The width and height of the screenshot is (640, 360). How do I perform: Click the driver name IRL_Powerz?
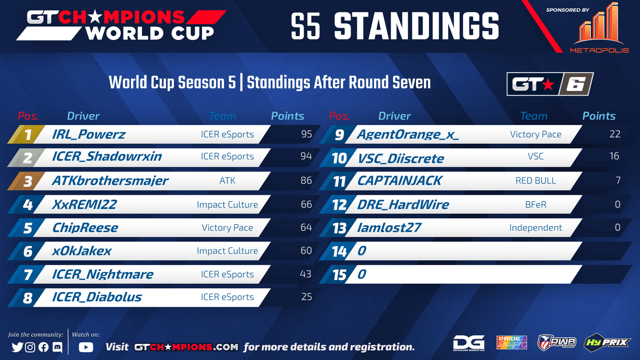tap(88, 134)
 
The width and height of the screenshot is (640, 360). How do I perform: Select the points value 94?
tap(306, 156)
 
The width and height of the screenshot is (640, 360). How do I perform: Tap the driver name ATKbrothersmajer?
tap(110, 181)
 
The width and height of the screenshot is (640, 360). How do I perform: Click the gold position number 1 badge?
tap(26, 134)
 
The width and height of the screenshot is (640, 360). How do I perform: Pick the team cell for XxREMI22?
tap(228, 204)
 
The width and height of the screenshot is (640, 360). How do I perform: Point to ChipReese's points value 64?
tap(306, 228)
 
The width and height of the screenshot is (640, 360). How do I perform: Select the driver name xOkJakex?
tap(82, 251)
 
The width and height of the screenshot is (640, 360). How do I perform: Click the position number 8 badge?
tap(26, 298)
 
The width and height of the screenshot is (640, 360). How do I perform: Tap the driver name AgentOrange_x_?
tap(408, 134)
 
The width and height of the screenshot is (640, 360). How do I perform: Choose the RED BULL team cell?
tap(536, 180)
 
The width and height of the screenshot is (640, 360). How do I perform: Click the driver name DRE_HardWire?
tap(403, 204)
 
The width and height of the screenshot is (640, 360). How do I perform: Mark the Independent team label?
tap(536, 228)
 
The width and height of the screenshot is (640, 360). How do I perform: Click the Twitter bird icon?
tap(17, 347)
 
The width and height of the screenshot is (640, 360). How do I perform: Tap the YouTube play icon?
tap(86, 347)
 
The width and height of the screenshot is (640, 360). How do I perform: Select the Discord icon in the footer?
tap(58, 347)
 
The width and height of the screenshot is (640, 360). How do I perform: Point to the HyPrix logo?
tap(607, 342)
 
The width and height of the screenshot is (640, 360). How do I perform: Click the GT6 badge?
tap(550, 84)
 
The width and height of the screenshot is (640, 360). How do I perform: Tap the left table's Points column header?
tap(288, 116)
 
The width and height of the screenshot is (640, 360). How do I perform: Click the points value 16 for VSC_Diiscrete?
tap(614, 156)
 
